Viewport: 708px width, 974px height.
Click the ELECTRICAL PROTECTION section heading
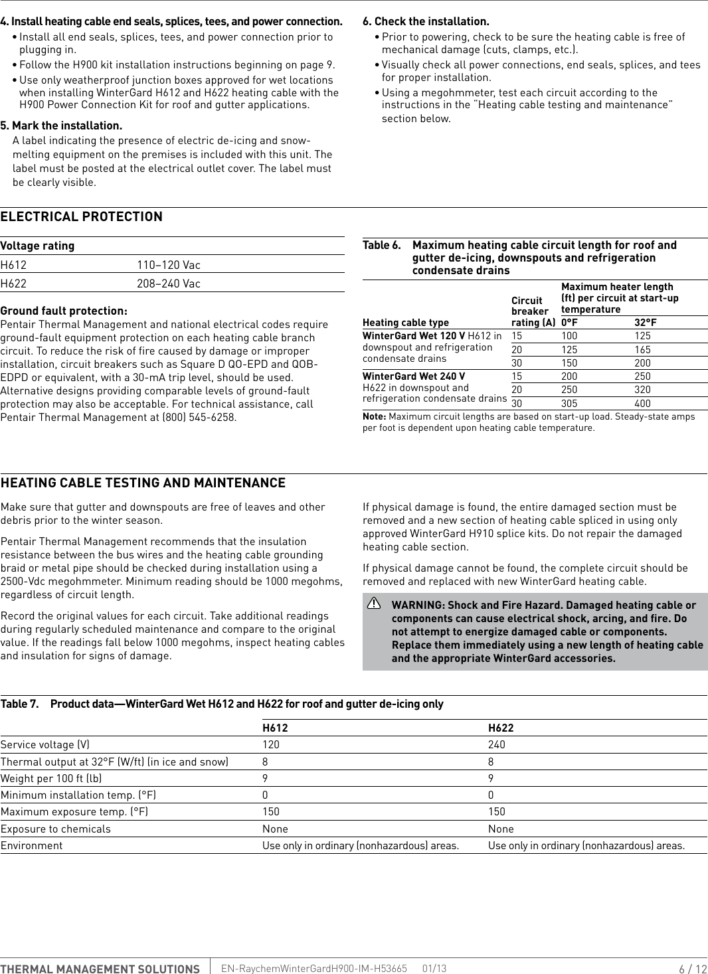[x=81, y=217]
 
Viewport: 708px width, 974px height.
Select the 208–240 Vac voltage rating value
[x=169, y=284]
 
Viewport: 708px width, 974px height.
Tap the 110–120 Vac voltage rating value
[x=169, y=265]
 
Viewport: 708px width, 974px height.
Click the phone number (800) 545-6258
[x=199, y=418]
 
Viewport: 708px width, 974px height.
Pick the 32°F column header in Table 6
[x=645, y=323]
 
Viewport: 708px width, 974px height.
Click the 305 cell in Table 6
[x=569, y=404]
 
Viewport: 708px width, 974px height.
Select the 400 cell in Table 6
[x=642, y=404]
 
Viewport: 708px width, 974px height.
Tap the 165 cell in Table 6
[x=642, y=350]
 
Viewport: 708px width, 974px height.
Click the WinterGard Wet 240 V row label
[x=414, y=376]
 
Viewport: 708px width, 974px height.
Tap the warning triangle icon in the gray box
[x=374, y=604]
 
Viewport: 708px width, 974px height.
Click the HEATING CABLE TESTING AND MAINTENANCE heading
[x=143, y=483]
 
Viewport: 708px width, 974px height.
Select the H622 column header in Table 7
[x=501, y=728]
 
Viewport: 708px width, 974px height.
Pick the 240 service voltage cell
[x=496, y=745]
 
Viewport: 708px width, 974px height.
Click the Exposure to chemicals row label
[x=56, y=829]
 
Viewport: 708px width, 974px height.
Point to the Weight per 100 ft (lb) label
[x=51, y=779]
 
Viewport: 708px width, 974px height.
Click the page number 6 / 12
[x=692, y=969]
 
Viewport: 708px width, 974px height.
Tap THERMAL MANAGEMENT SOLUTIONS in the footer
[x=100, y=969]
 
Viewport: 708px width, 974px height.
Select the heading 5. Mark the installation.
[x=61, y=125]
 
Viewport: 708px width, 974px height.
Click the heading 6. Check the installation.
[x=426, y=21]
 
